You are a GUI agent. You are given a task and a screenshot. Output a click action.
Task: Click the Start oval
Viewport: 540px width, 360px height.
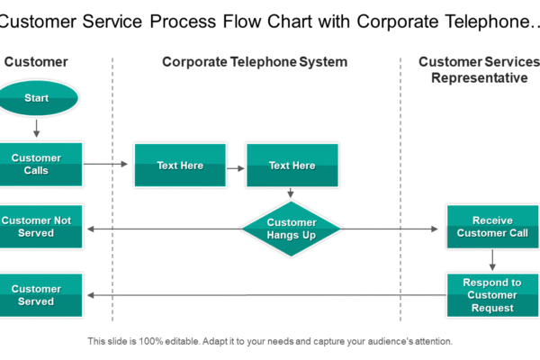[36, 98]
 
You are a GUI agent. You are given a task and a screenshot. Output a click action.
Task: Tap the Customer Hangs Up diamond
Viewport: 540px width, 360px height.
[292, 229]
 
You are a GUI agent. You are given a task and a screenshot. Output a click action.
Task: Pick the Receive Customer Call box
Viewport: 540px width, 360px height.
[492, 227]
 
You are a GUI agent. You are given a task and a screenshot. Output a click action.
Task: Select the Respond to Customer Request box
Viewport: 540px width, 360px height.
[492, 295]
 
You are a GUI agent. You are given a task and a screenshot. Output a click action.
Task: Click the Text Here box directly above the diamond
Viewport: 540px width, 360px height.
[292, 166]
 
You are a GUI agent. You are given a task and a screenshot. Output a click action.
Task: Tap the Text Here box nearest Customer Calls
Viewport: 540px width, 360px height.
[180, 166]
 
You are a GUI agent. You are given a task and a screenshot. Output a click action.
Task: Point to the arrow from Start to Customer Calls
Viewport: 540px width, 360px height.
[36, 129]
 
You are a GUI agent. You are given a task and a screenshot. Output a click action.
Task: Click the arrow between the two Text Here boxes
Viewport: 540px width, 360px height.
[236, 166]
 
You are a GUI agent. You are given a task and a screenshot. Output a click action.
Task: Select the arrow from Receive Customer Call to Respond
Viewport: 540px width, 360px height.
[492, 260]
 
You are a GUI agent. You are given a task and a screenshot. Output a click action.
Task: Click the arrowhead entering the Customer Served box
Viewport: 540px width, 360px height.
[89, 295]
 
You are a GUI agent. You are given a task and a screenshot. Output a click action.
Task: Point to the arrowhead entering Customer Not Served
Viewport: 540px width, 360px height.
[89, 229]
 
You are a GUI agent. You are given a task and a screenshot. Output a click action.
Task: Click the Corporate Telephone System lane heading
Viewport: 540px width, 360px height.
[255, 62]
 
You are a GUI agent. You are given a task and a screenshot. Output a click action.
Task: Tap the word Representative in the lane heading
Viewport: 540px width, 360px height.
[479, 78]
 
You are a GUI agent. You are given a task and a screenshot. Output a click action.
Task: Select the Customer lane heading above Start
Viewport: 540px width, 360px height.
[36, 62]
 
